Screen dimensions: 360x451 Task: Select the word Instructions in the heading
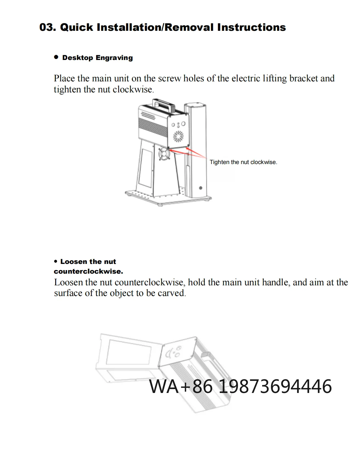[x=251, y=27]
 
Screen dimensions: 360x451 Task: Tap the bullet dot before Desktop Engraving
[x=56, y=57]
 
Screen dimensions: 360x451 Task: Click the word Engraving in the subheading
[x=114, y=58]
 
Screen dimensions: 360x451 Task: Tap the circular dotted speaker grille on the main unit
[x=178, y=136]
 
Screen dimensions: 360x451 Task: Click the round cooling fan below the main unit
[x=164, y=154]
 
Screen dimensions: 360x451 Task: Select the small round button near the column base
[x=201, y=188]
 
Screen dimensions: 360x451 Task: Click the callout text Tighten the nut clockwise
[x=243, y=162]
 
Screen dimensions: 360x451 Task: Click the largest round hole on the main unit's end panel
[x=183, y=124]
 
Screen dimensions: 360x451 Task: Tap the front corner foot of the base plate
[x=160, y=205]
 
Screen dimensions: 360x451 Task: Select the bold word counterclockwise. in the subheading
[x=88, y=271]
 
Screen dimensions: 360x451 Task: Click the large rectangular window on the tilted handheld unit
[x=129, y=353]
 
